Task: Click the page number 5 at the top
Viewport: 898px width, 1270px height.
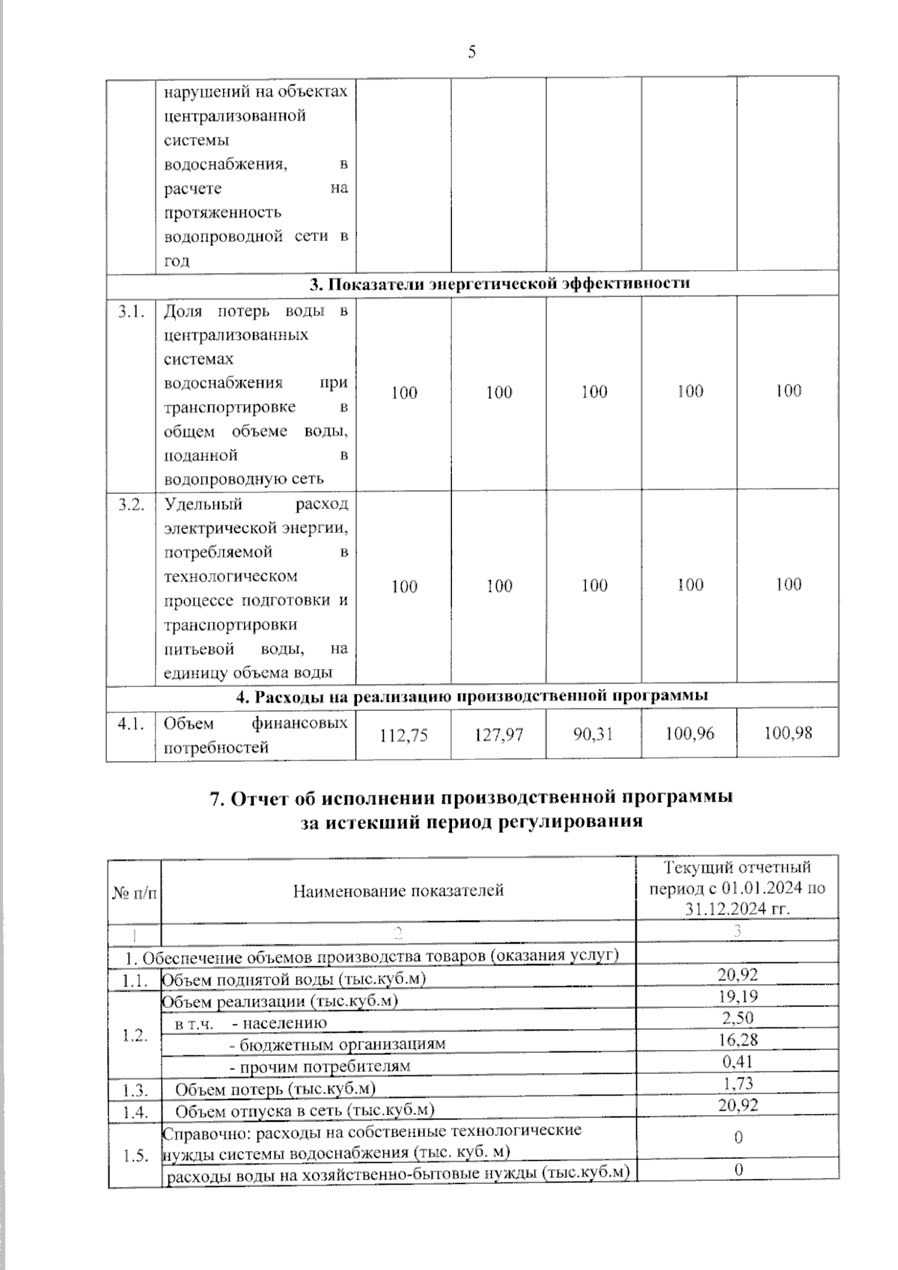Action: (x=471, y=52)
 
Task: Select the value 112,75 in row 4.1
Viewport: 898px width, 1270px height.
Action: (x=404, y=735)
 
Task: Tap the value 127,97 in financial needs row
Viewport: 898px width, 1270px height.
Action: (x=499, y=735)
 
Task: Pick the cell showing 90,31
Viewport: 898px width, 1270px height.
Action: (x=593, y=734)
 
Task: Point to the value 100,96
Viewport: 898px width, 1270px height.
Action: (x=689, y=733)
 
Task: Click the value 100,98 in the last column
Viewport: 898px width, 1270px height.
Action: (x=787, y=733)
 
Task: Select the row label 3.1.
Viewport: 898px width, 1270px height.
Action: (x=131, y=312)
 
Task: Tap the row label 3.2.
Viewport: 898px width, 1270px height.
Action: (x=131, y=505)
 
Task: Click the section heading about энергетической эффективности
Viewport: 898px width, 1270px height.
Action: (x=500, y=284)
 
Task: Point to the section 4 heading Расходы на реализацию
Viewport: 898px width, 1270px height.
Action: (x=472, y=696)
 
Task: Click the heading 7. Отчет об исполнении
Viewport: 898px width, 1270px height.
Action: (x=471, y=798)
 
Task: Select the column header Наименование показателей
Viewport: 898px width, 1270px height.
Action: (x=398, y=891)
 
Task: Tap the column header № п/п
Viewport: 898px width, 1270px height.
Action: (x=135, y=893)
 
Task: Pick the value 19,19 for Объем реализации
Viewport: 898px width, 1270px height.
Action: (x=738, y=996)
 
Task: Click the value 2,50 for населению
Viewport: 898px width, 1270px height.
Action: (x=738, y=1018)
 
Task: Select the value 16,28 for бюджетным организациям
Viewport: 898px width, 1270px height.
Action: (x=738, y=1039)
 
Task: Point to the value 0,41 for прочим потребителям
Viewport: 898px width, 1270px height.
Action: (x=738, y=1061)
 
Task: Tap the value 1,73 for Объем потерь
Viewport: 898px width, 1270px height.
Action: (x=738, y=1083)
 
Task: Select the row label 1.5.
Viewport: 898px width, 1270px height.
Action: (x=135, y=1156)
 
